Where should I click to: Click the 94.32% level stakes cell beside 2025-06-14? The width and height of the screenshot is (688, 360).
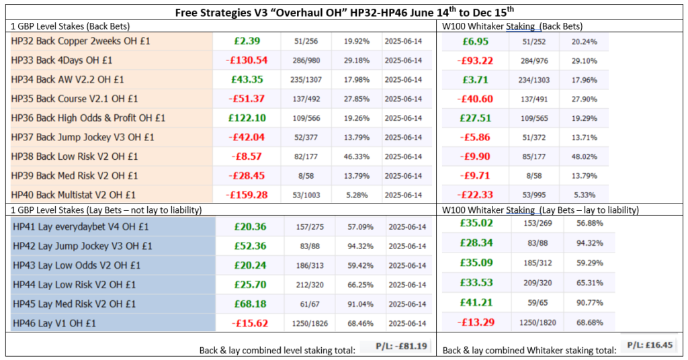(357, 246)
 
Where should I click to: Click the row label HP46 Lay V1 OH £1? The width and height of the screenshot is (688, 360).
(54, 323)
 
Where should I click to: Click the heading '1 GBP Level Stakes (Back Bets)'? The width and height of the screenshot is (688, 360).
(70, 26)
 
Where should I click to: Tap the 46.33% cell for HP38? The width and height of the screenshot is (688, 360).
(357, 156)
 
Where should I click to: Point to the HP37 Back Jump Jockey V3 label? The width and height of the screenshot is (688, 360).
(83, 137)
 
